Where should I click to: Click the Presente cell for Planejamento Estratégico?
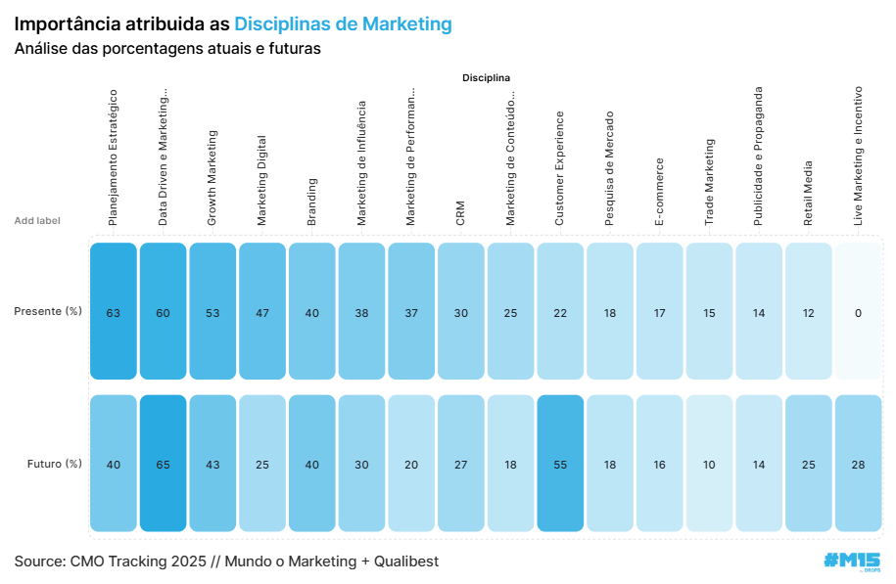[x=114, y=312]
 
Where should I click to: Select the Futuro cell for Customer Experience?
[x=560, y=464]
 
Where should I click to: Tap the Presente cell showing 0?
[x=858, y=312]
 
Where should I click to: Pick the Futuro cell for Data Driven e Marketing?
[x=163, y=464]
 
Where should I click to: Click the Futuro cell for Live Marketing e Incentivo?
[x=858, y=464]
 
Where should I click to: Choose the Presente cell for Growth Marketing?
[x=212, y=312]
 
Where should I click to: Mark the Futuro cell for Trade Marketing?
[x=709, y=464]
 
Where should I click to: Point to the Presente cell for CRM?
[x=461, y=312]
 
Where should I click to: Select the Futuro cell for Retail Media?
[x=809, y=464]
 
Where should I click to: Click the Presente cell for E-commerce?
[x=660, y=312]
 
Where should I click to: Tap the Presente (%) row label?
[x=48, y=312]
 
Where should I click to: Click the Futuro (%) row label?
[x=54, y=464]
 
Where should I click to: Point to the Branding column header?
[x=312, y=202]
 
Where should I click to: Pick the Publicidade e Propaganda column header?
[x=759, y=157]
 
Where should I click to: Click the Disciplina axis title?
[x=487, y=77]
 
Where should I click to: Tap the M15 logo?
[x=852, y=561]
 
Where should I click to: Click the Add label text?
[x=37, y=221]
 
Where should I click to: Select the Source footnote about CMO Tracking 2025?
[x=226, y=562]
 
